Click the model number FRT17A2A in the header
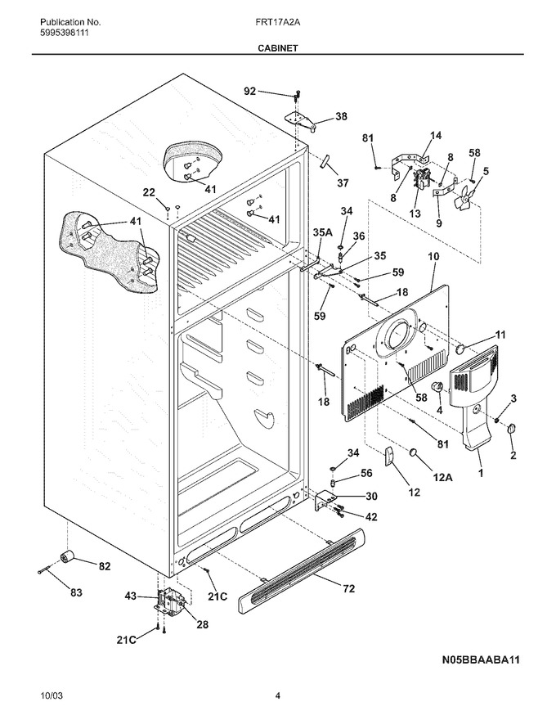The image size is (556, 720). (x=278, y=22)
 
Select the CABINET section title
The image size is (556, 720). (x=277, y=47)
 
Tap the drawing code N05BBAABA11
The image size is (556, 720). (x=481, y=659)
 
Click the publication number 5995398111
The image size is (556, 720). (x=65, y=33)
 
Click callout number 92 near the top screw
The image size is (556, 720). (x=250, y=92)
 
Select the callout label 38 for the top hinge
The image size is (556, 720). (x=341, y=116)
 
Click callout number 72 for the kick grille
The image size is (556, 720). (x=348, y=588)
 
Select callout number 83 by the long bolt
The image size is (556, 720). (x=76, y=592)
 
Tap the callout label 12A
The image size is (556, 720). (x=442, y=478)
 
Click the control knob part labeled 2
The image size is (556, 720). (x=511, y=429)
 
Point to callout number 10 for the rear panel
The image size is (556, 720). (x=433, y=256)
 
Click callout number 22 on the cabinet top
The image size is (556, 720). (x=149, y=192)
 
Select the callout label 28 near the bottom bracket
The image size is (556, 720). (x=202, y=624)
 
